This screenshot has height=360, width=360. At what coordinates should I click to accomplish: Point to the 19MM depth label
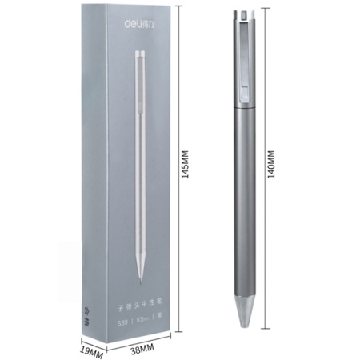click(x=92, y=350)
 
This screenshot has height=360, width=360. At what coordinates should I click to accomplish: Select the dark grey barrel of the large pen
click(x=242, y=200)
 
